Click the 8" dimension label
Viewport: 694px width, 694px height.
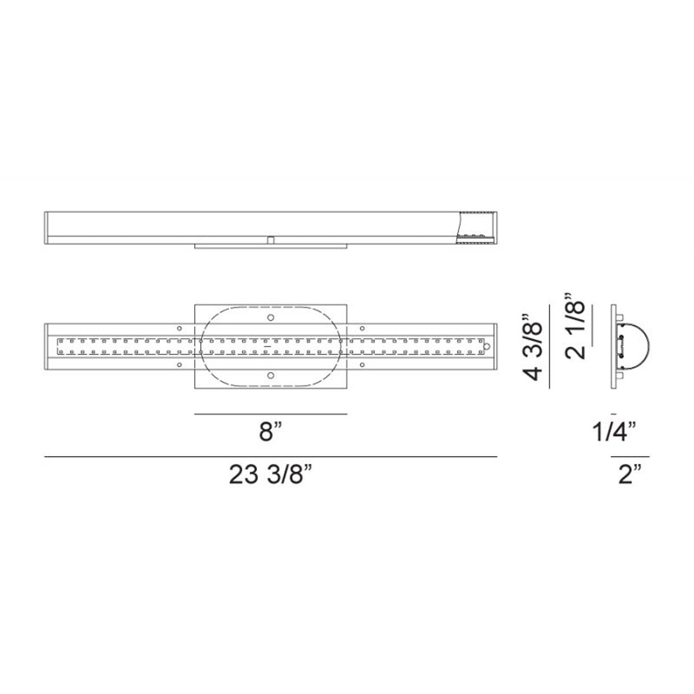(x=270, y=432)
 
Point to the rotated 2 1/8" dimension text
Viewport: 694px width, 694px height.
(x=575, y=330)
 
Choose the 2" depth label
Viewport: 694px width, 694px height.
(x=630, y=475)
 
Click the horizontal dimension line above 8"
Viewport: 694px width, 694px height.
(x=271, y=414)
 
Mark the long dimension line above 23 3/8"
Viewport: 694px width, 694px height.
(x=271, y=457)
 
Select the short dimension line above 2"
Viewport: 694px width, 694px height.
(x=630, y=457)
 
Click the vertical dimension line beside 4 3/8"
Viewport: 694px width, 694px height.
(x=549, y=346)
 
